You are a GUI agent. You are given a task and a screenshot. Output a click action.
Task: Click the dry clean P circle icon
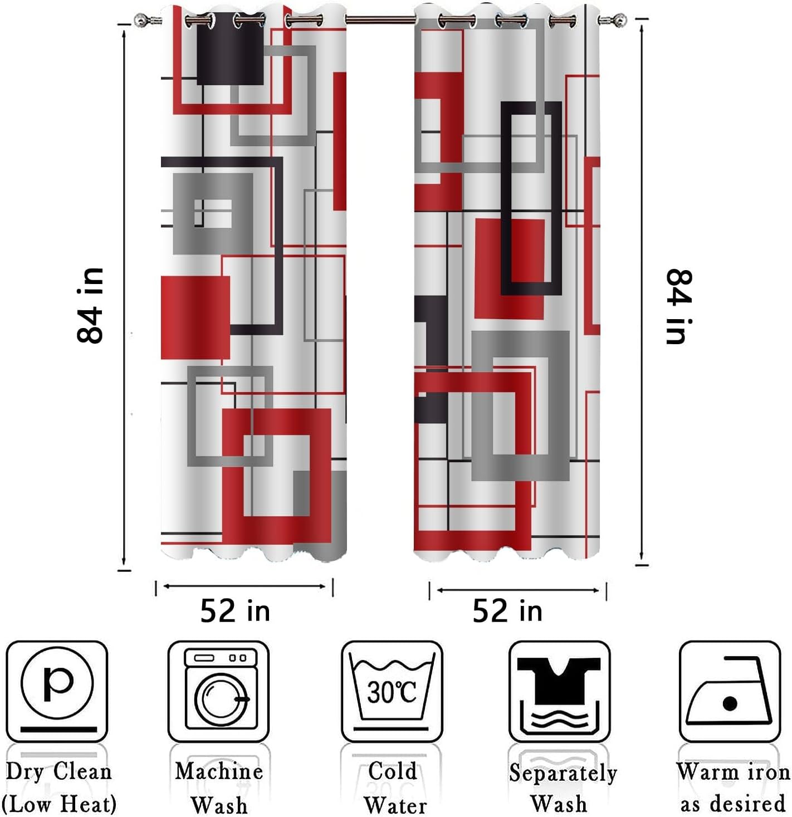pyautogui.click(x=56, y=691)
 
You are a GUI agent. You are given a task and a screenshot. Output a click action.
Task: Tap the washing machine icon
pyautogui.click(x=219, y=691)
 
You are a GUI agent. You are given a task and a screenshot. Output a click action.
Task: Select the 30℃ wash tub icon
pyautogui.click(x=392, y=691)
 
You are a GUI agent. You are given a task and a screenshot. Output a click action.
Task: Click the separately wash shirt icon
pyautogui.click(x=559, y=691)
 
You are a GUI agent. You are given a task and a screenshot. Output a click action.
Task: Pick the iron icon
pyautogui.click(x=729, y=691)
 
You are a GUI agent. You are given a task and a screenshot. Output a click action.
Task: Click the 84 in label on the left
pyautogui.click(x=90, y=305)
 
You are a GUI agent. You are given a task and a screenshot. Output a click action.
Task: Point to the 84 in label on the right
pyautogui.click(x=679, y=306)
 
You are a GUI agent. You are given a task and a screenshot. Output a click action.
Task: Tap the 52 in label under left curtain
pyautogui.click(x=235, y=611)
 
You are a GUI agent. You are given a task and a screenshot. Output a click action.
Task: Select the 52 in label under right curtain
pyautogui.click(x=507, y=611)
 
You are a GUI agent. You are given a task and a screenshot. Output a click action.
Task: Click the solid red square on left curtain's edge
pyautogui.click(x=195, y=317)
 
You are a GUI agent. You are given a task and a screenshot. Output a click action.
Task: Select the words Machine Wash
pyautogui.click(x=219, y=787)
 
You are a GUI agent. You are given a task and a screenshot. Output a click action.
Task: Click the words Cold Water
pyautogui.click(x=394, y=787)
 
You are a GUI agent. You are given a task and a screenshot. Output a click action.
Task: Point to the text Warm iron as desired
pyautogui.click(x=732, y=787)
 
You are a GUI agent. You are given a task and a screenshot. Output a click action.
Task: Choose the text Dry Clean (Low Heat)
pyautogui.click(x=58, y=787)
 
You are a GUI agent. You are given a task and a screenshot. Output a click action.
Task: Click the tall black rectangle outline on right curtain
pyautogui.click(x=531, y=198)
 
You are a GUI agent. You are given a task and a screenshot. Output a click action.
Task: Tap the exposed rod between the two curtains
pyautogui.click(x=380, y=19)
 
